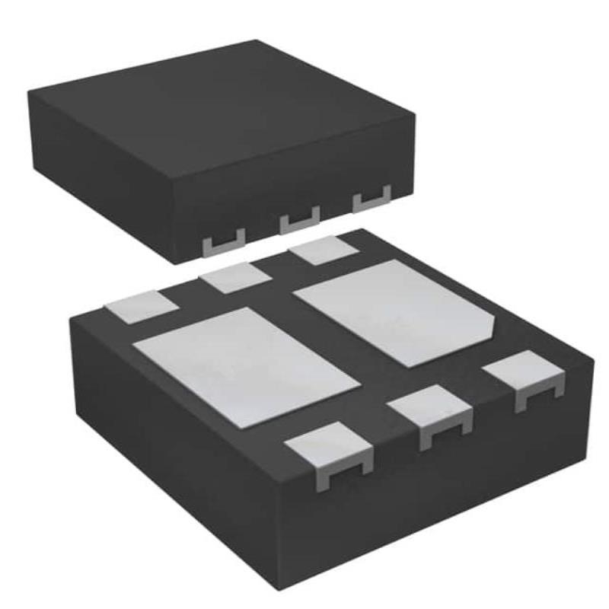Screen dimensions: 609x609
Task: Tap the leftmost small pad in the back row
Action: (141, 304)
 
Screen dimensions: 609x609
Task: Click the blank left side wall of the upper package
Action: (99, 183)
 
